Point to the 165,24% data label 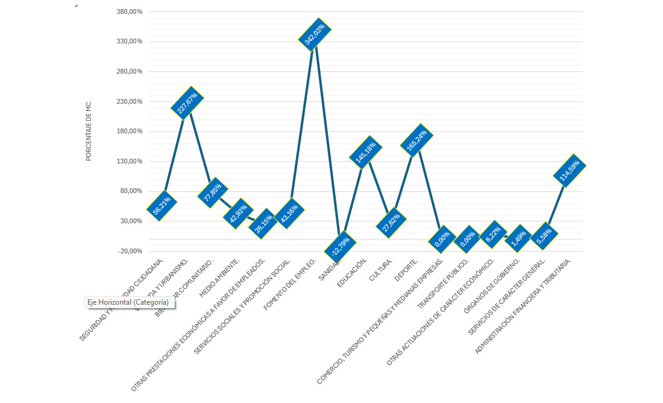coord(416,141)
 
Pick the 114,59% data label coord(570,171)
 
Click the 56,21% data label coord(162,206)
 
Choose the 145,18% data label coord(366,153)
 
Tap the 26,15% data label coord(263,224)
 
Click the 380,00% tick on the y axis coord(130,12)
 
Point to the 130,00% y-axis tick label coord(130,161)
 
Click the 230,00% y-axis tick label coord(130,101)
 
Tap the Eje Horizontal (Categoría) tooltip coord(130,303)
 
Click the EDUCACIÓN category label coord(353,273)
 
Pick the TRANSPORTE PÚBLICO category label coord(443,284)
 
